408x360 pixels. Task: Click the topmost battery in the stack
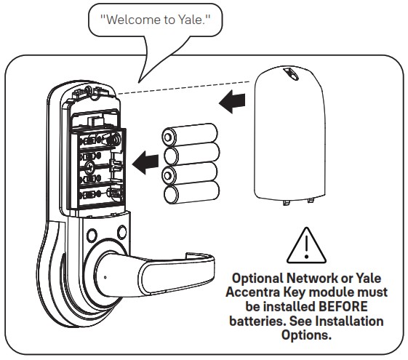[x=190, y=135]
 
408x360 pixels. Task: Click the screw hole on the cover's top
[x=292, y=74]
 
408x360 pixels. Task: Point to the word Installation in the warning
[x=355, y=321]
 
